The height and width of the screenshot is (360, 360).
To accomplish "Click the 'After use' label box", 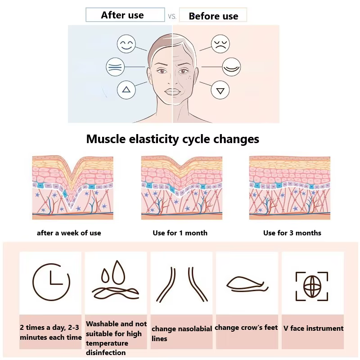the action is (x=125, y=15).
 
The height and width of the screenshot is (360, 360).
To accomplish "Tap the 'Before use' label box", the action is (x=213, y=15).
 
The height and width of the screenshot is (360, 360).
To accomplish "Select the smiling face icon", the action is (x=126, y=44).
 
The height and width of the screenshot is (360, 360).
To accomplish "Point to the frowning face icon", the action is (x=220, y=44).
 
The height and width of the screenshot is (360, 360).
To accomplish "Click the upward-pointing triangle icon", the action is (x=126, y=90).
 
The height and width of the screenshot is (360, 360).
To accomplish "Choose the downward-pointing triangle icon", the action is (x=220, y=90).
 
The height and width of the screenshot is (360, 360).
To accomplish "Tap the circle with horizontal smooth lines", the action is (x=115, y=67).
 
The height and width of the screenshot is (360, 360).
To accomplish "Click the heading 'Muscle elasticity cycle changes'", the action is (x=173, y=139).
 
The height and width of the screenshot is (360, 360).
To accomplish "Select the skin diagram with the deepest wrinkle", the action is (x=72, y=188).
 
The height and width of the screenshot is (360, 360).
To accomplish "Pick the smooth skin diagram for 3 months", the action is (x=290, y=188).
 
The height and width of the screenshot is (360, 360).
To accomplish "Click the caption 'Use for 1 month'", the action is (x=180, y=233).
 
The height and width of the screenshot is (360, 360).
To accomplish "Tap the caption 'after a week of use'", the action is (x=69, y=233).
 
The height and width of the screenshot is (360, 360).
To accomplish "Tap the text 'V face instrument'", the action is (x=313, y=328).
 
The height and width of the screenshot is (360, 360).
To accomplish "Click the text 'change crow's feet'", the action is (x=246, y=328).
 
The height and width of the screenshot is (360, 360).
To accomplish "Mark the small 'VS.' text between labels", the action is (x=172, y=17).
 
